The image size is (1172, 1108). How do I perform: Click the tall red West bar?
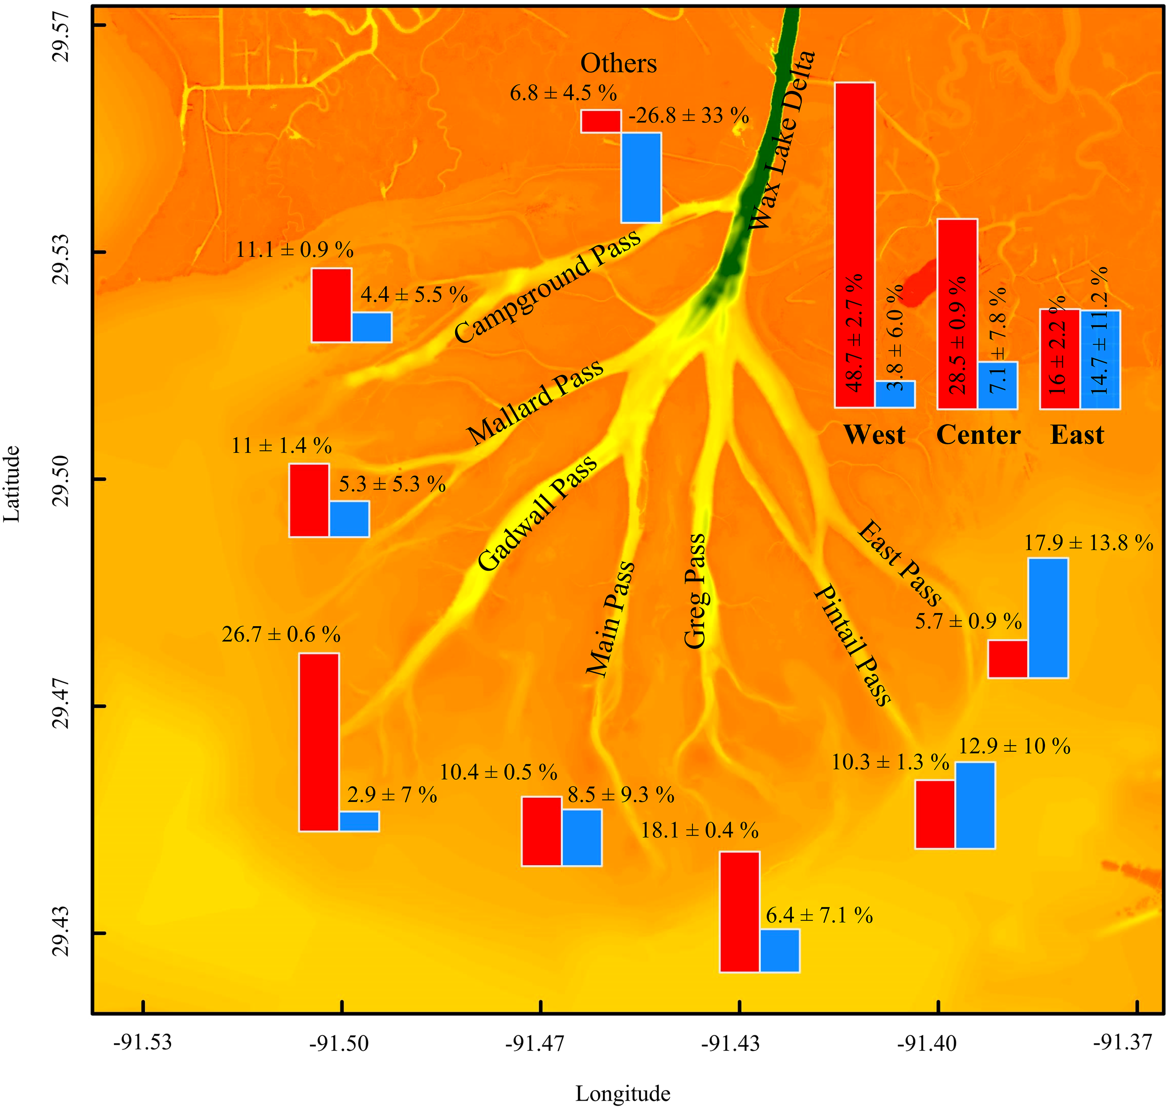[854, 245]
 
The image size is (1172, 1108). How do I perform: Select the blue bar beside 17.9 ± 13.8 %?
[1048, 618]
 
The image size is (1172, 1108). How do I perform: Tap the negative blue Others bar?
[641, 178]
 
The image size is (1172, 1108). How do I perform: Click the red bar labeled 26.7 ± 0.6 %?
[319, 742]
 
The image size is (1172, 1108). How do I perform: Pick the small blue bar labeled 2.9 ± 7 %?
[359, 822]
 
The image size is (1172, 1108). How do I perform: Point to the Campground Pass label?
[547, 286]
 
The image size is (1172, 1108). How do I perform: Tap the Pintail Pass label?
[852, 645]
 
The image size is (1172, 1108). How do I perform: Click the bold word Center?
[978, 435]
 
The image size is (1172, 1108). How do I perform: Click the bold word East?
[1077, 435]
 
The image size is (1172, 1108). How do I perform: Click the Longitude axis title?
[623, 1094]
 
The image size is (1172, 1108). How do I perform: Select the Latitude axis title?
[12, 484]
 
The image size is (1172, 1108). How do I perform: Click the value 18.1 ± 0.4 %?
[699, 831]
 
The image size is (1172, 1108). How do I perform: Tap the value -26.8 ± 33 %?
[689, 116]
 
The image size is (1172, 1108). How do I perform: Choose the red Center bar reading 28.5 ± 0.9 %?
[957, 314]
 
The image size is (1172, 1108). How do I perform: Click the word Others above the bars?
[618, 63]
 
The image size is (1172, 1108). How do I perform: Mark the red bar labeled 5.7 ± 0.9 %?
[1008, 659]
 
